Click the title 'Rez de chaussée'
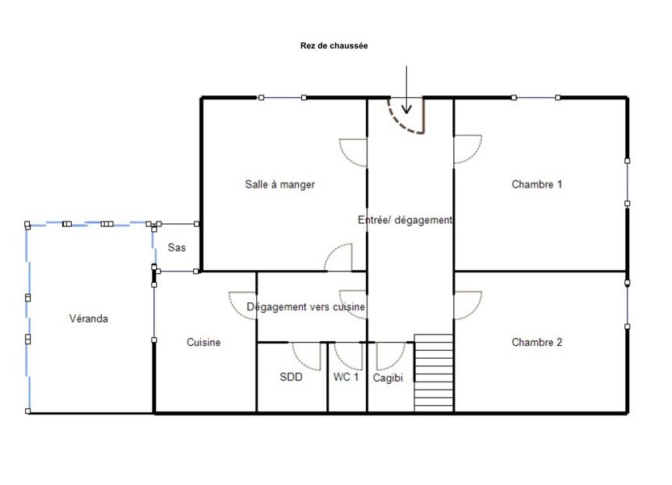334,46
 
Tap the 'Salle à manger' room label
279,184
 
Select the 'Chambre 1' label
536,184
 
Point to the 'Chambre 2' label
536,342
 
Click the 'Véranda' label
88,318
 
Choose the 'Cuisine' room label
204,342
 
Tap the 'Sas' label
176,247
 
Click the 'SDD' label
291,377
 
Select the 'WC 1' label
346,377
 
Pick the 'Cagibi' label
388,377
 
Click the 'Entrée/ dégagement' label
405,220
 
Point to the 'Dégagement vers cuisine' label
305,307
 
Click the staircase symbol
434,373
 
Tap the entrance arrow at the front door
406,91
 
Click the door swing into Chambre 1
467,149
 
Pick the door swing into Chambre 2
467,305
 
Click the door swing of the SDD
307,355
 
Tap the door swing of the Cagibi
389,355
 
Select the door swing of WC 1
349,355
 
